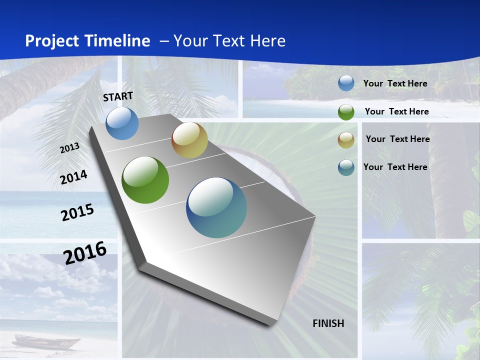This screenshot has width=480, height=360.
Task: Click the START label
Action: pyautogui.click(x=118, y=96)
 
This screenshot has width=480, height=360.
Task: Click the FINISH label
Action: pyautogui.click(x=328, y=323)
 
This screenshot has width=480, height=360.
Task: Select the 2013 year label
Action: pyautogui.click(x=69, y=148)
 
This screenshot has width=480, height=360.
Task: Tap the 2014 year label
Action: pyautogui.click(x=73, y=177)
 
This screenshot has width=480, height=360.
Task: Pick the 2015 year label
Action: pyautogui.click(x=77, y=212)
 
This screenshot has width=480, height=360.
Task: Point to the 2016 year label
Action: pyautogui.click(x=85, y=252)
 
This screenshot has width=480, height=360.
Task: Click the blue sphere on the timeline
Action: pyautogui.click(x=122, y=123)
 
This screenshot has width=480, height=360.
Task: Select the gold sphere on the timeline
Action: pyautogui.click(x=189, y=140)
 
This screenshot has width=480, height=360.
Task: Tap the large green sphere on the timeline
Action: pyautogui.click(x=145, y=180)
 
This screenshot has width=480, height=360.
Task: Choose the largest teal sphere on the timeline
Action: pyautogui.click(x=216, y=207)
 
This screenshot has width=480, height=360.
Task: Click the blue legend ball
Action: pyautogui.click(x=346, y=83)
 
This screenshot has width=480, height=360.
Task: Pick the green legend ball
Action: pyautogui.click(x=346, y=112)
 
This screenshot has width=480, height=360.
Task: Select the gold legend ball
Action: pyautogui.click(x=346, y=140)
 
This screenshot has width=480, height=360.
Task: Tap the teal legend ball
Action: pyautogui.click(x=346, y=167)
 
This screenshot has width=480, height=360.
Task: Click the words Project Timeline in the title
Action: pyautogui.click(x=87, y=41)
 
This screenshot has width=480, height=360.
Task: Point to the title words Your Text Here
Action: pyautogui.click(x=229, y=41)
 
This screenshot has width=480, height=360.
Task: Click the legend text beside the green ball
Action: pyautogui.click(x=396, y=111)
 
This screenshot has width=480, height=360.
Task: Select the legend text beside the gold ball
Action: pyautogui.click(x=397, y=139)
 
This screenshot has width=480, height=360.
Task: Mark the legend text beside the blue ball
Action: pyautogui.click(x=395, y=83)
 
